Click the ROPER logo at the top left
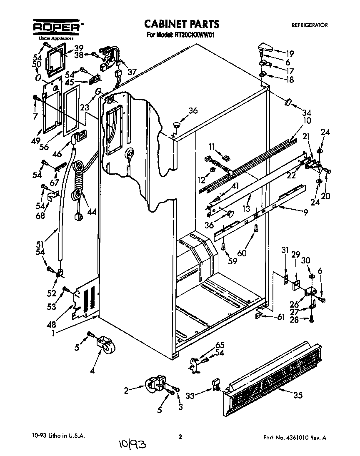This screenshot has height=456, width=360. (56, 27)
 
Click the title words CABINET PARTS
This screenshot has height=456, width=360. (181, 24)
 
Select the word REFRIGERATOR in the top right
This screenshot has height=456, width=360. (309, 25)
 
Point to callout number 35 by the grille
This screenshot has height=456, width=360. (297, 395)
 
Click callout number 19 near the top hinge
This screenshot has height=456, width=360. (290, 53)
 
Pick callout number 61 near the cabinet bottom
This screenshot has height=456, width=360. (281, 317)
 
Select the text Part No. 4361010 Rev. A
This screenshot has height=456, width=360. (295, 438)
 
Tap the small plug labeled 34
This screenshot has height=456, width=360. (287, 101)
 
